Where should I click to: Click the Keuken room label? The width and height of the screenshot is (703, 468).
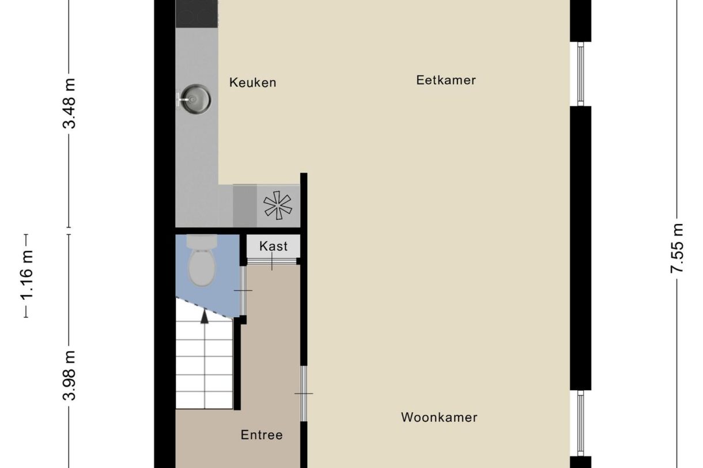252,82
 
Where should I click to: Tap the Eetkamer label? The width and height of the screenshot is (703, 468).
446,80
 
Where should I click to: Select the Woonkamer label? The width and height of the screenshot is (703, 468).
439,417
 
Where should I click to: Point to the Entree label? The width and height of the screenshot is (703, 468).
262,435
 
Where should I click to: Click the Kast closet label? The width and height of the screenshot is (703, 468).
273,246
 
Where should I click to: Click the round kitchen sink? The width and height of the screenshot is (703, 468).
195,98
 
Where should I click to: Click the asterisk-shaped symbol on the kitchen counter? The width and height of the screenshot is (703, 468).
278,206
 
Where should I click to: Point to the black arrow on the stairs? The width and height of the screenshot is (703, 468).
204,315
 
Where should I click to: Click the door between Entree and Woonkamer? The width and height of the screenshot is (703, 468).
304,394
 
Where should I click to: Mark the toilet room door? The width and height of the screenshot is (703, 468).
243,291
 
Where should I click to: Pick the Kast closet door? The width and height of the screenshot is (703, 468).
272,262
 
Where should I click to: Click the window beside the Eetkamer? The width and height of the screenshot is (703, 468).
580,74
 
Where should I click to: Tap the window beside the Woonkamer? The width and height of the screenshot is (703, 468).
580,423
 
